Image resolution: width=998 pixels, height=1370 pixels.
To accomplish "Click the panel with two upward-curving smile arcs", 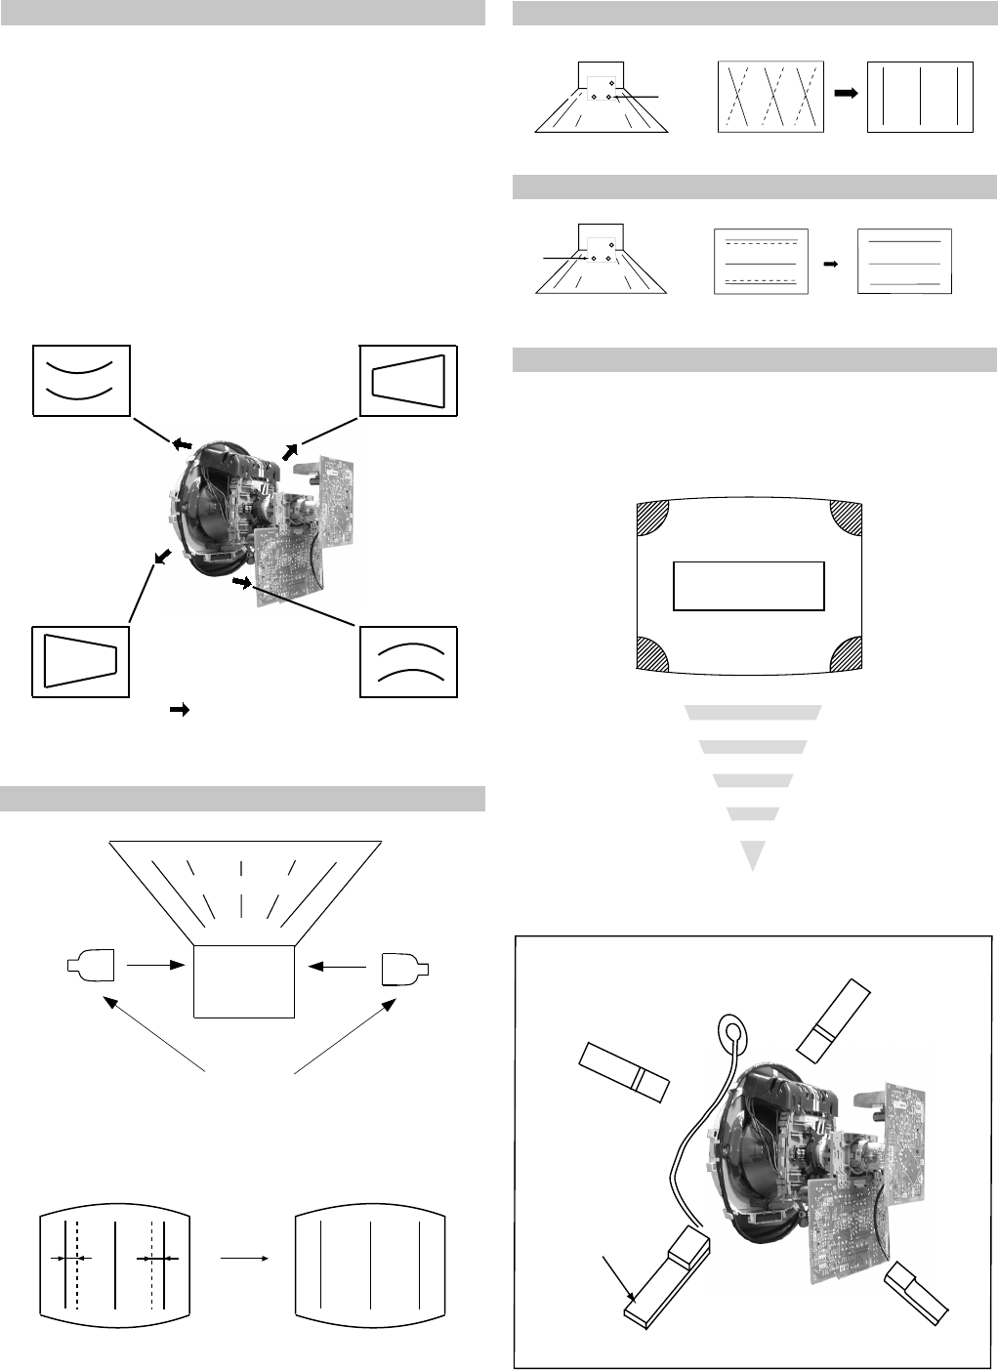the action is [82, 381].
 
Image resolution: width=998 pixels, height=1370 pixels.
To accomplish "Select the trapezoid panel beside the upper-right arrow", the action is [409, 381].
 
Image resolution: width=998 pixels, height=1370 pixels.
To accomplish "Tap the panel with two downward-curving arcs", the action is [409, 661].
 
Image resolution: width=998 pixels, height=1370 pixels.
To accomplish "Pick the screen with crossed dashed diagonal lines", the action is [770, 96].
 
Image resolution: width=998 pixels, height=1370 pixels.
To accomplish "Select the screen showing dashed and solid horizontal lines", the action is [762, 261].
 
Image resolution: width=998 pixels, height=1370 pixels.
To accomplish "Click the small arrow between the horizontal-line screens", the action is [832, 263].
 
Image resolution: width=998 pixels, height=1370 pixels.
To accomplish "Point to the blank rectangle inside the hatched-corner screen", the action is [749, 586].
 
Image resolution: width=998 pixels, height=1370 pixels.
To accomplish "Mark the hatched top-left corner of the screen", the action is [653, 517].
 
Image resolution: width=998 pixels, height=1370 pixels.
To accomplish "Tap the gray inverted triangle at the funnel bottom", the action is [751, 853].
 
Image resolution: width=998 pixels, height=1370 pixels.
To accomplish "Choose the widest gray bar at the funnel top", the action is [753, 712].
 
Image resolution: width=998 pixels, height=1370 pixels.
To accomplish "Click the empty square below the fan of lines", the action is [244, 981].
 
